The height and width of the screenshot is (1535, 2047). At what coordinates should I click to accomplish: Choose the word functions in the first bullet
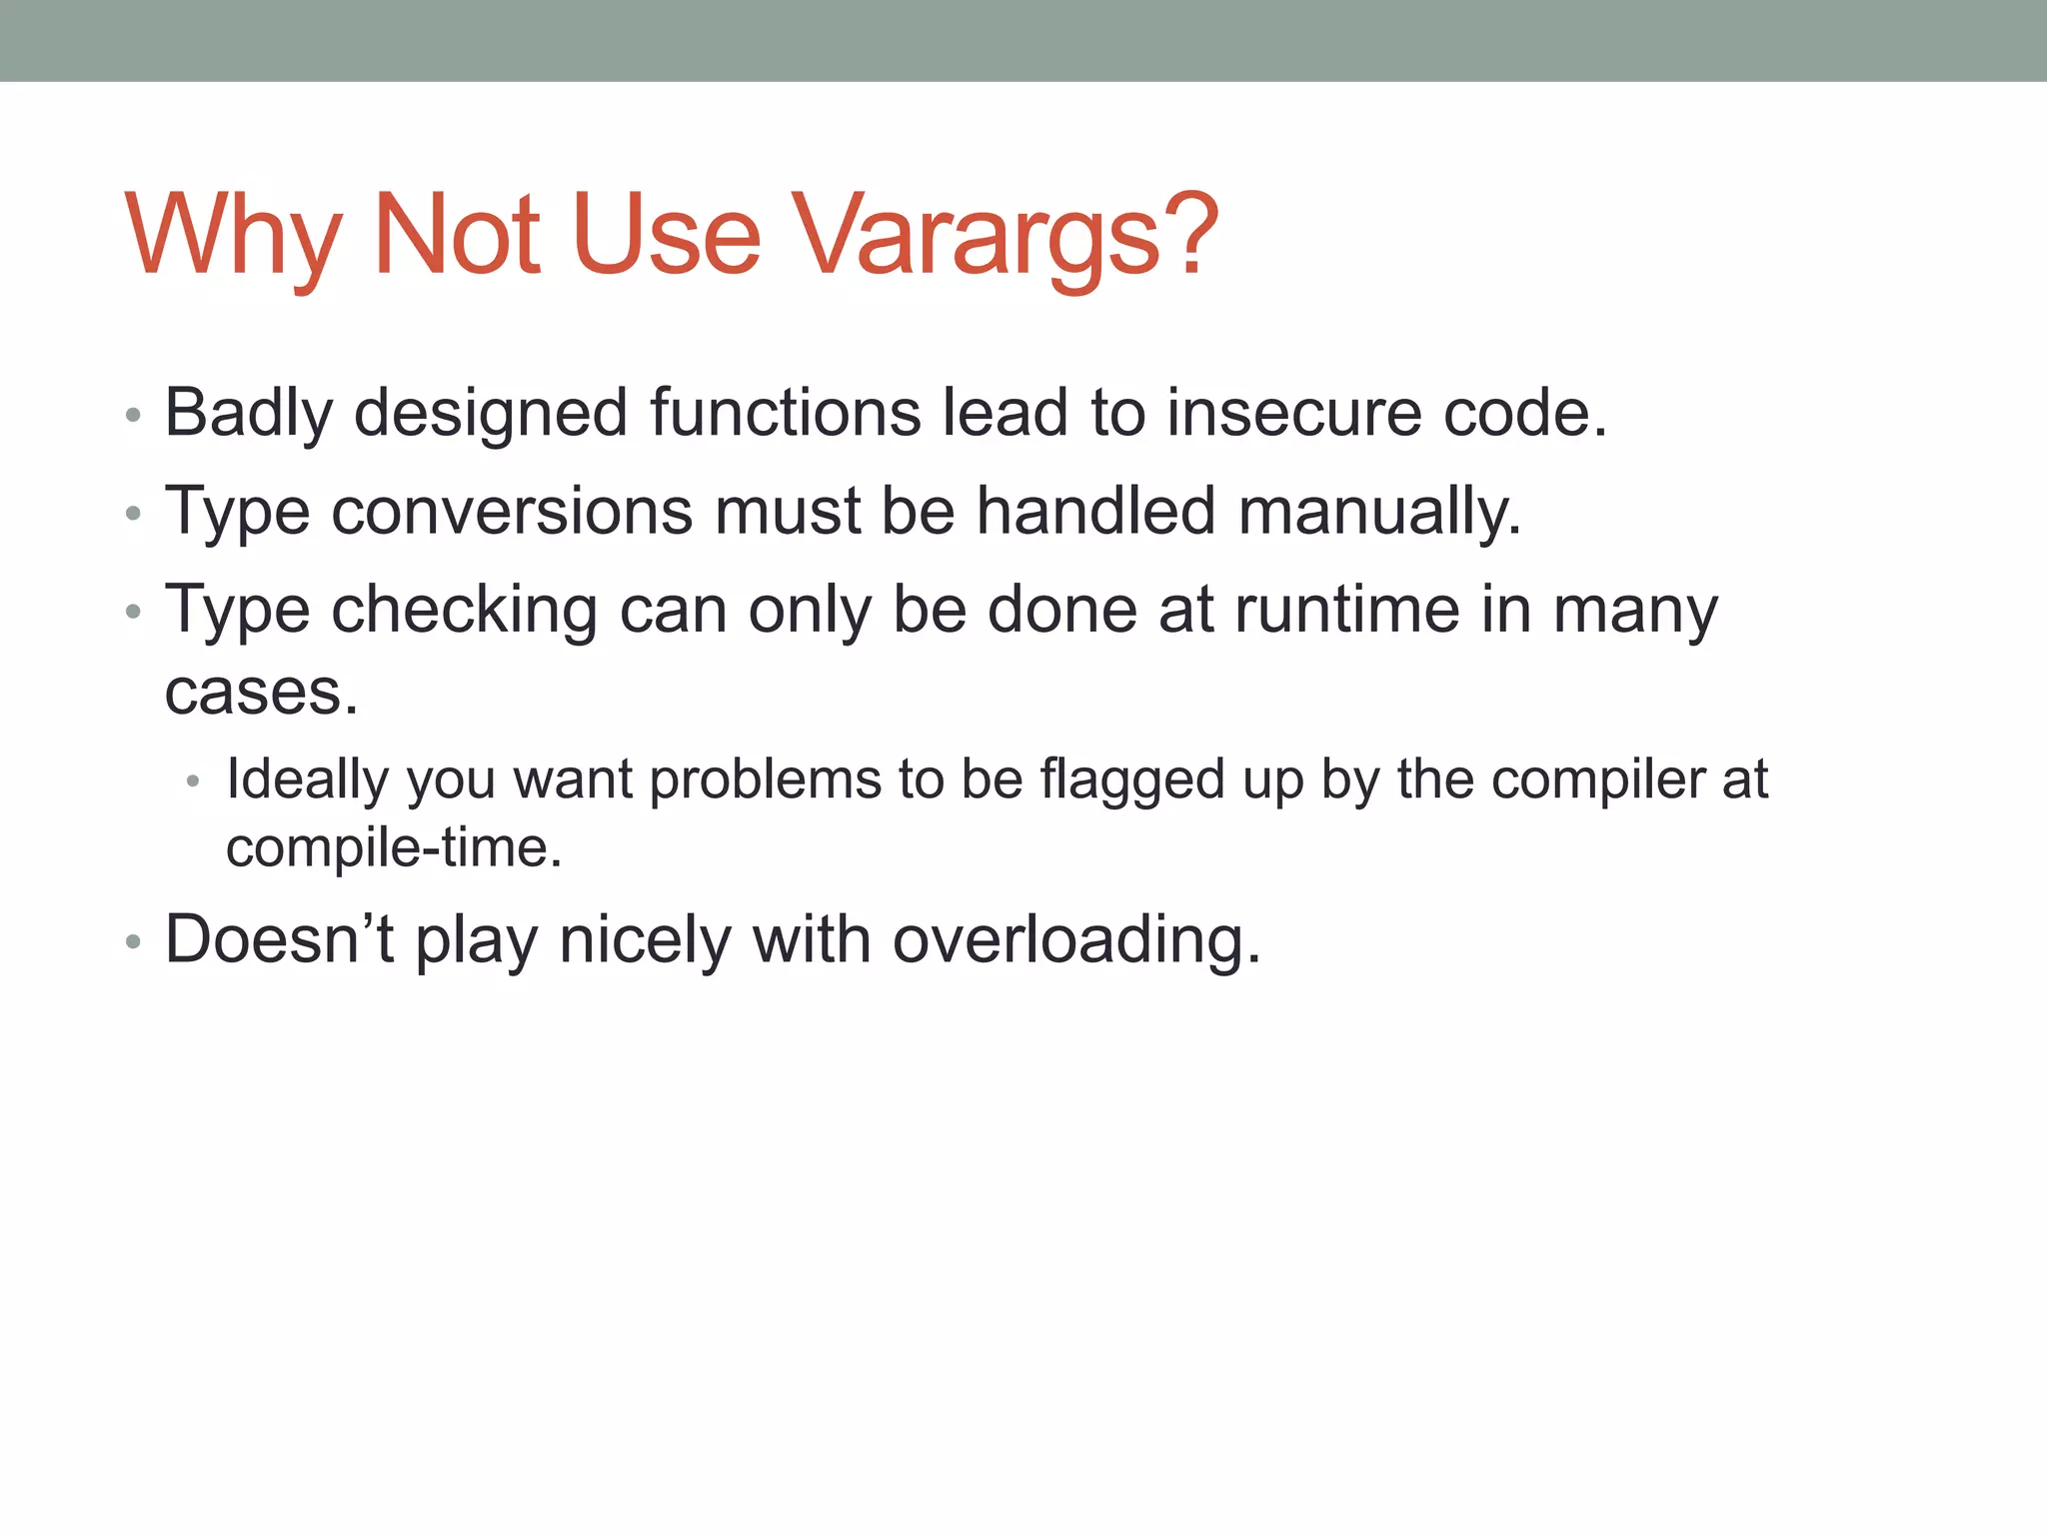pos(786,413)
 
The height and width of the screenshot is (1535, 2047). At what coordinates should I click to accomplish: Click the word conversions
pos(511,511)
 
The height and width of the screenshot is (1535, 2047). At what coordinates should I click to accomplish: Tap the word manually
pos(1379,511)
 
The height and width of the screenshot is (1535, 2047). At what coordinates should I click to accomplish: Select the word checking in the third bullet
pos(465,610)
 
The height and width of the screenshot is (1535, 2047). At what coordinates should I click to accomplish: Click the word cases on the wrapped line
pos(260,692)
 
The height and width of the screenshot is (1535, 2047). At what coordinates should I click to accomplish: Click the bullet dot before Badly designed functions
pos(134,416)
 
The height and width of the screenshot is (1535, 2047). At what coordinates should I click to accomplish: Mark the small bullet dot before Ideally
pos(194,781)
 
